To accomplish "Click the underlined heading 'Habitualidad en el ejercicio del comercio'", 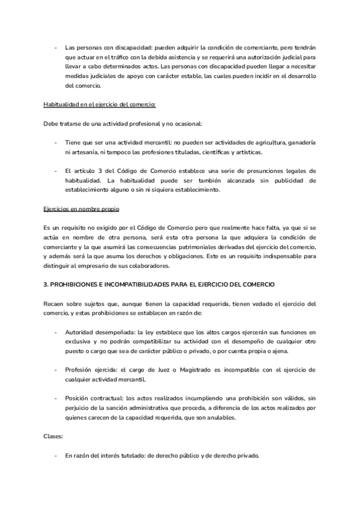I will [100, 104].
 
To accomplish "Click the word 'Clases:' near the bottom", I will [54, 436].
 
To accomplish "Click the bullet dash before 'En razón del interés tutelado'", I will [56, 456].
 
